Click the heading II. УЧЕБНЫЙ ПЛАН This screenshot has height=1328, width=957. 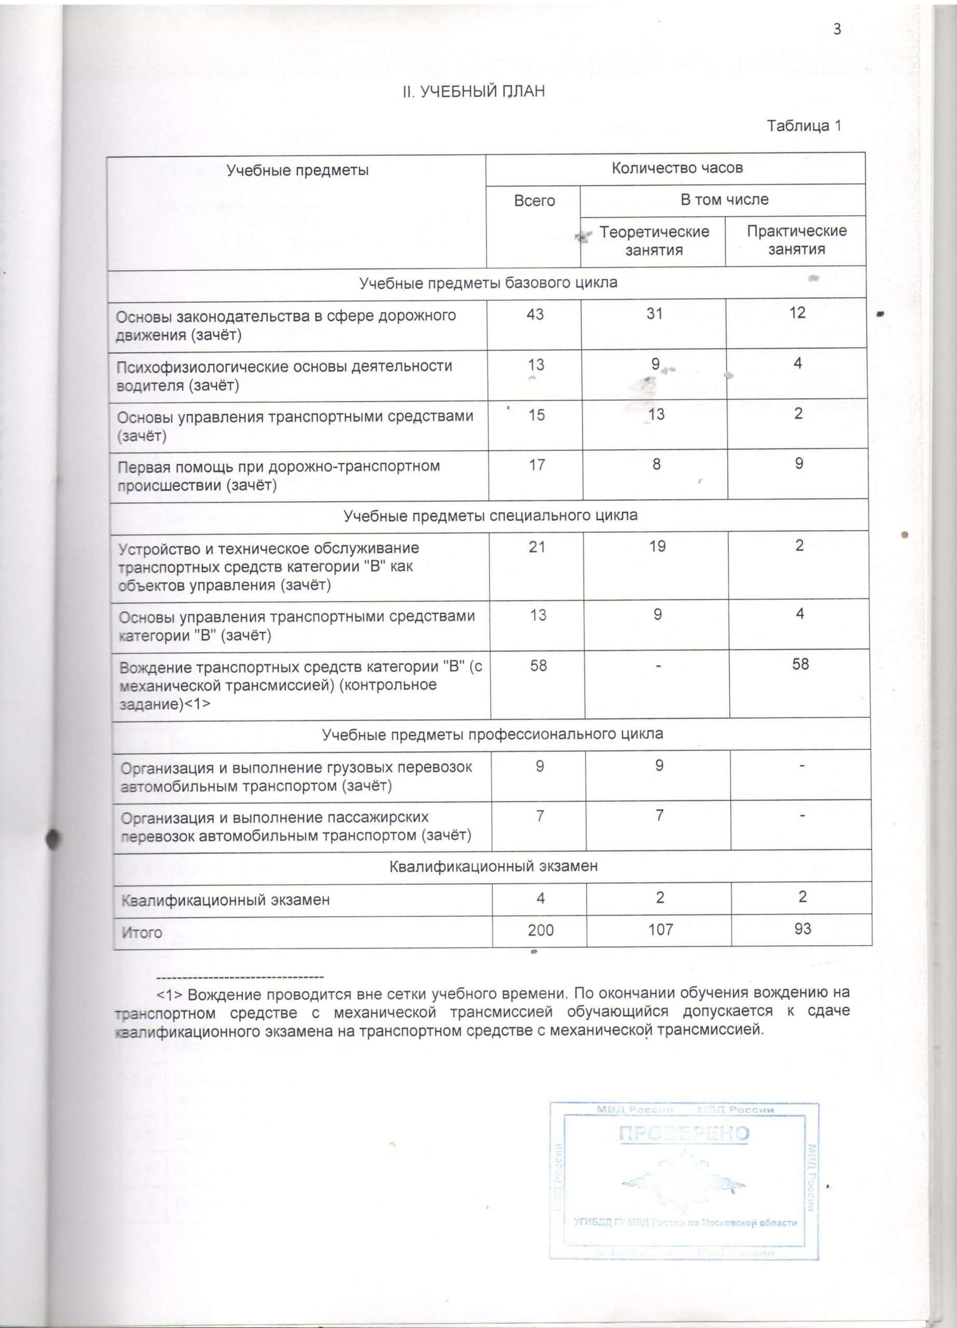coord(473,92)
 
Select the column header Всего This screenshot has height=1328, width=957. coord(534,201)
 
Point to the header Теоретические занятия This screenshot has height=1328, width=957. coord(655,240)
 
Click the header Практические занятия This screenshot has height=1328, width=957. coord(797,240)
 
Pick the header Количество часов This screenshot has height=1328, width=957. coord(676,169)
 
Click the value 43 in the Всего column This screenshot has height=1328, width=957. coord(534,314)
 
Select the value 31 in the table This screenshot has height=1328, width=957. coord(655,314)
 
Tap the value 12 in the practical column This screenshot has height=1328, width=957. coord(797,313)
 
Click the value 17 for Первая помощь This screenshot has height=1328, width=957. coord(536,465)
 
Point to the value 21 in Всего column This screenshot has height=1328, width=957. coord(537,547)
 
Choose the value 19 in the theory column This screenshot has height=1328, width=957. coord(657,546)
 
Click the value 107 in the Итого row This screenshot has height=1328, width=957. coord(661,929)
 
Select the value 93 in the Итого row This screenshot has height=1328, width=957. coord(802,928)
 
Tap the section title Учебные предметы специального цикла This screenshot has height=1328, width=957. coord(491,515)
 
